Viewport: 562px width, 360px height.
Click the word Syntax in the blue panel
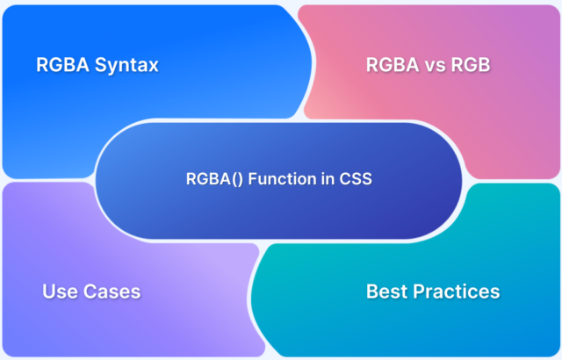point(128,65)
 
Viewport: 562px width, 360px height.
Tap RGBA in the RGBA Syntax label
point(62,65)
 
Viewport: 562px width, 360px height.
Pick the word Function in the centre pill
point(268,179)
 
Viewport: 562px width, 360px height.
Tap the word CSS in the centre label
point(357,179)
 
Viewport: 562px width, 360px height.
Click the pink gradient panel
point(492,123)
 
